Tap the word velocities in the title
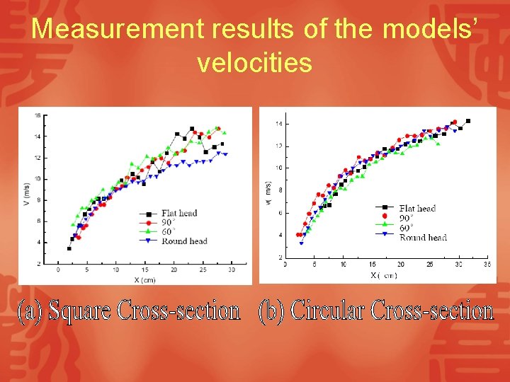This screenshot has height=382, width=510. [x=254, y=63]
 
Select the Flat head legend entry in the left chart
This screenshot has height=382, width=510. [x=178, y=213]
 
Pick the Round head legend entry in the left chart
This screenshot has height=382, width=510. [x=183, y=241]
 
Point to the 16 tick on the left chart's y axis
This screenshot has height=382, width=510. [x=38, y=115]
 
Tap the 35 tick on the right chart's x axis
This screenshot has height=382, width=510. [x=487, y=264]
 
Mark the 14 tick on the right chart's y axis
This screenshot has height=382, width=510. [x=278, y=124]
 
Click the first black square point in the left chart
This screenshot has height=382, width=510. [x=69, y=248]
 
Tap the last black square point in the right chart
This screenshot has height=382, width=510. [x=467, y=121]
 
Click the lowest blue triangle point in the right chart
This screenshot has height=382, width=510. [x=301, y=243]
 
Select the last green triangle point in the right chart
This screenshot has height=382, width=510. [x=438, y=144]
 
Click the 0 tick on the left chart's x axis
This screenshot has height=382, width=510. [x=59, y=270]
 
